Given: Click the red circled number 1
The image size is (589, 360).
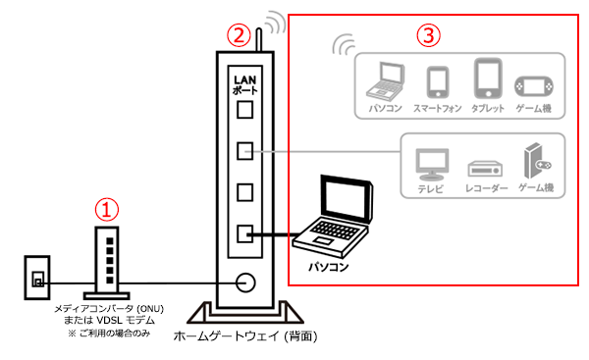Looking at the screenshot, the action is click(x=107, y=210).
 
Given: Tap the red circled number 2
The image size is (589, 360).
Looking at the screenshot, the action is click(x=239, y=35).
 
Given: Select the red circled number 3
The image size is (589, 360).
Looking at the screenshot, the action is click(x=428, y=35).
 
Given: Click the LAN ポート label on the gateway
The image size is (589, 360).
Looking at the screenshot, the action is click(x=245, y=84).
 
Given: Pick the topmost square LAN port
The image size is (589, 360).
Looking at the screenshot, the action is click(x=244, y=110).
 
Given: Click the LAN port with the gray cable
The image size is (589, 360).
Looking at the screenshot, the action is click(x=244, y=151).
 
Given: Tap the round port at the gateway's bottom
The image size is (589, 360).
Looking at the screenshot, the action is click(x=245, y=283).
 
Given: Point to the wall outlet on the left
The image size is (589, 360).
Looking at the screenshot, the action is click(x=37, y=278).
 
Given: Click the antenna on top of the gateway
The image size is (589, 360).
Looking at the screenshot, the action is click(x=259, y=39).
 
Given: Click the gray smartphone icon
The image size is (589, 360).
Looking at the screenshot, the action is click(x=438, y=82).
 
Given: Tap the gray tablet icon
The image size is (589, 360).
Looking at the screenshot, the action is click(x=488, y=77).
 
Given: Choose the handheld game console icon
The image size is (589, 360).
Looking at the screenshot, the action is click(x=533, y=86).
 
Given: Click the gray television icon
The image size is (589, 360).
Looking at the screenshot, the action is click(x=432, y=165).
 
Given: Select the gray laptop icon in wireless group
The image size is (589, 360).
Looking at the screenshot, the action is click(x=386, y=80).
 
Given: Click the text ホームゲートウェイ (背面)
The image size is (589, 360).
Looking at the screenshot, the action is click(x=245, y=335).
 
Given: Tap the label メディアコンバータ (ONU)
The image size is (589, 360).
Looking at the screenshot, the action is click(x=109, y=309).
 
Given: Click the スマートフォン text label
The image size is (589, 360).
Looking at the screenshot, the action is click(x=437, y=109).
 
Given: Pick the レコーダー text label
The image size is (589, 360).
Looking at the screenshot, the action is click(x=487, y=187).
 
